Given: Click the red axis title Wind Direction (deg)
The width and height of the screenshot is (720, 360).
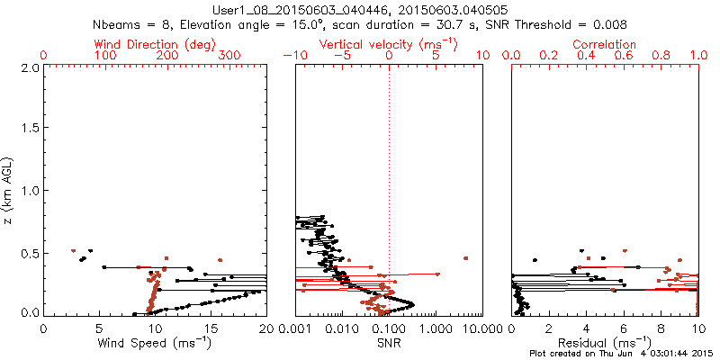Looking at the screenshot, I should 156,44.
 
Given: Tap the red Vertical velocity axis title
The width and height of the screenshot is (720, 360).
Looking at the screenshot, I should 389,44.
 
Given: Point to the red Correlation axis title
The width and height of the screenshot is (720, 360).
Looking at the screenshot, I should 605,44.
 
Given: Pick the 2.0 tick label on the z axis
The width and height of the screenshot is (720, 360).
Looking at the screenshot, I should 28,67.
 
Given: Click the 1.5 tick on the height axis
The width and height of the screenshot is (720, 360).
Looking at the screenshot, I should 28,129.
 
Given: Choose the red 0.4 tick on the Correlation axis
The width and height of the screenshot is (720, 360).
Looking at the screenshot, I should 586,56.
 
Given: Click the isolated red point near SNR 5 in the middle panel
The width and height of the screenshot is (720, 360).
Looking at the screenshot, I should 465,258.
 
